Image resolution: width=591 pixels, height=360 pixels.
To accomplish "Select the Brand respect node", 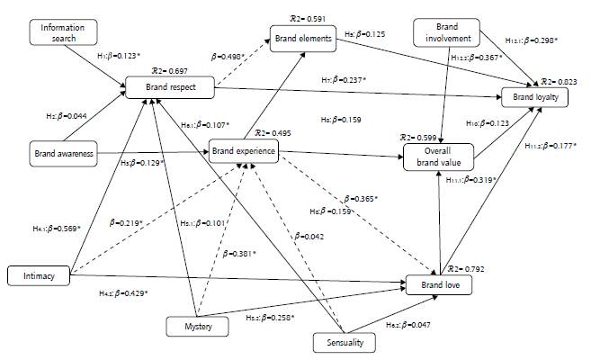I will click(168, 87).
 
